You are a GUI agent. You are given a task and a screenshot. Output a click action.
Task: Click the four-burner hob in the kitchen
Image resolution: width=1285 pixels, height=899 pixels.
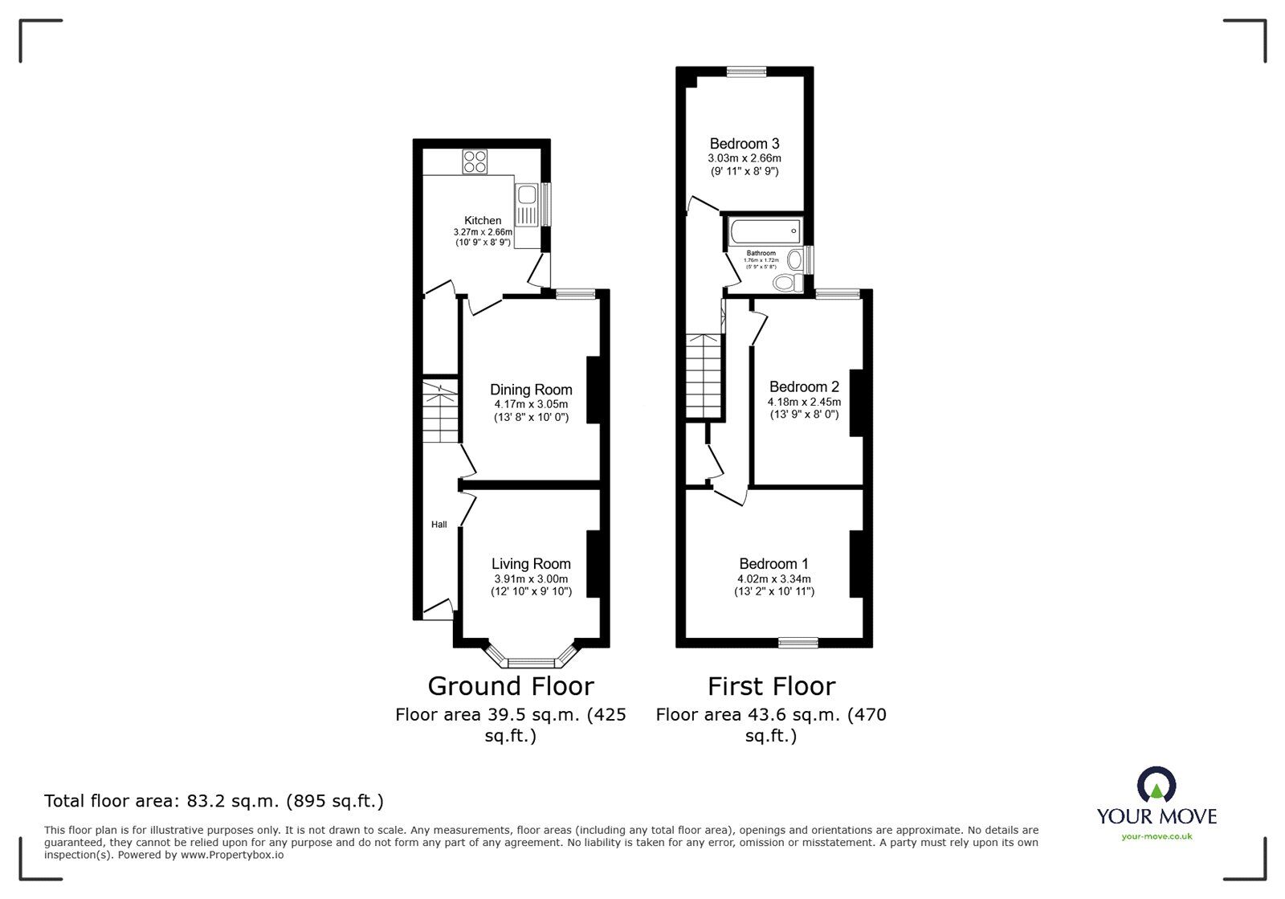[x=474, y=161]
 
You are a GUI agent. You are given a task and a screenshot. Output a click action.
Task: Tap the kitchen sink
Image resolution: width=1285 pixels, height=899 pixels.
[x=527, y=195]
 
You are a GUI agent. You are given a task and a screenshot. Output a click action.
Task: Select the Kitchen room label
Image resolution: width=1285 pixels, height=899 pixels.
[x=483, y=220]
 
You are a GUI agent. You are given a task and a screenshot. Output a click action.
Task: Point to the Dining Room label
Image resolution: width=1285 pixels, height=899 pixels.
[x=531, y=390]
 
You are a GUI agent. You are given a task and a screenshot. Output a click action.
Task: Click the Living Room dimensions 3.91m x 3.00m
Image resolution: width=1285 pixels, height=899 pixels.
[x=531, y=579]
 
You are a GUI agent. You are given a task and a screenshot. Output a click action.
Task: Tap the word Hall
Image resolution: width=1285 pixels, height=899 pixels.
[x=439, y=525]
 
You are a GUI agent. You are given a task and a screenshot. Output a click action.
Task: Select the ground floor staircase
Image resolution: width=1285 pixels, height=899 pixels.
[x=440, y=413]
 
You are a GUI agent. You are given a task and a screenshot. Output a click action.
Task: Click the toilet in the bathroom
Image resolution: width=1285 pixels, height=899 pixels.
[x=786, y=283]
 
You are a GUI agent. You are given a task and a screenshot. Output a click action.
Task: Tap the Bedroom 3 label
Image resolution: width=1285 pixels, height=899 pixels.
[x=744, y=144]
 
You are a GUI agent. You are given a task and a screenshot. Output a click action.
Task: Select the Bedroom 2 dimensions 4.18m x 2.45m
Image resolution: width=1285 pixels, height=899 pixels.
[x=804, y=402]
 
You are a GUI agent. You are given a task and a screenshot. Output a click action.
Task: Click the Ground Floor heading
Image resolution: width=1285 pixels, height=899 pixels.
[x=510, y=686]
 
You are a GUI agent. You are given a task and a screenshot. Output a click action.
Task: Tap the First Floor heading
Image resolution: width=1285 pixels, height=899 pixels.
[x=771, y=686]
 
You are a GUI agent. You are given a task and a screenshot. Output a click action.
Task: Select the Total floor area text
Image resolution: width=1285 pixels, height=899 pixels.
[x=214, y=801]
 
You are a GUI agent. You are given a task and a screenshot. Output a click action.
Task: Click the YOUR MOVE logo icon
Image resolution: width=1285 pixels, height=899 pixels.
[x=1156, y=784]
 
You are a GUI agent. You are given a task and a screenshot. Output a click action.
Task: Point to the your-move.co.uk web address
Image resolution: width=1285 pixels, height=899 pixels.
[x=1156, y=836]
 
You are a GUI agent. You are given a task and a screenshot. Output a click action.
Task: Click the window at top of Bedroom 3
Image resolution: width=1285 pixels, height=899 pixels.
[x=746, y=72]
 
